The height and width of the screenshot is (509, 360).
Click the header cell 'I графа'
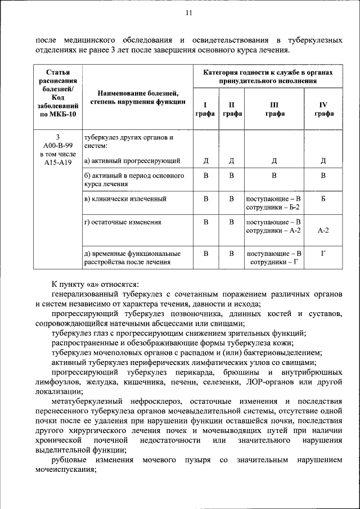coord(205,109)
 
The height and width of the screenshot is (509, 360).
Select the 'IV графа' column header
coord(323,109)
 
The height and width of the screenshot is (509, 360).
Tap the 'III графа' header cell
coord(274,109)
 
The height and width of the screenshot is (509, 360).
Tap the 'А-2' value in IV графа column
coord(323,230)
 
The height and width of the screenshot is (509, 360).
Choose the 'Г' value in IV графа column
coord(323,253)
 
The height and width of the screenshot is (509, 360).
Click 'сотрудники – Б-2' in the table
coord(274,208)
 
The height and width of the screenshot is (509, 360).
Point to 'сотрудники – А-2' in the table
coord(274,231)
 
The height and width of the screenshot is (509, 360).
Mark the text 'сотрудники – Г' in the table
coord(274,262)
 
